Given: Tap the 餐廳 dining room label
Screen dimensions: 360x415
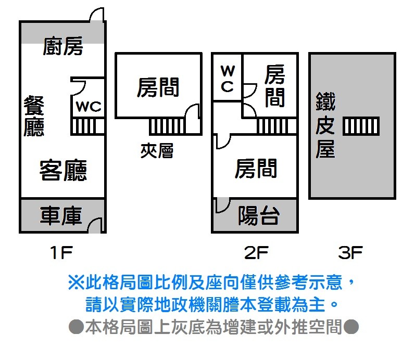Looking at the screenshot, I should pos(34,117).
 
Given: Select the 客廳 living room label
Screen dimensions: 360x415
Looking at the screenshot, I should pos(63,170).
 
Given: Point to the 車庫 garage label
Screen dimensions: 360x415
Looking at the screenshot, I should pos(61,216).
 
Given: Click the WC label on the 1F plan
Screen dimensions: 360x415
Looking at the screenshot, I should pos(89,107).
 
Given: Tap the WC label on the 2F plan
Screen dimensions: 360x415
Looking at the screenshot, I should pos(227,79).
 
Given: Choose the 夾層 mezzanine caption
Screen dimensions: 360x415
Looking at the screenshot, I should pos(157,151).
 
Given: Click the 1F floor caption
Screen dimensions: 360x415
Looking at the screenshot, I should pos(61,253).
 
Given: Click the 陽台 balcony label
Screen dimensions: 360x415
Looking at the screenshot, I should pos(259,215).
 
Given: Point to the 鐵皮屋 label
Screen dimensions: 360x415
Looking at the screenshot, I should pos(325,125).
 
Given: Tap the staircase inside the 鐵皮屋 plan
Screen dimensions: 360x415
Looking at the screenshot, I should pos(361,125).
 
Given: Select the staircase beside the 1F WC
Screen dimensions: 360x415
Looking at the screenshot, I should pos(87,126).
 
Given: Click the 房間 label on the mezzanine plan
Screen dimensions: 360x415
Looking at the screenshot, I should pos(158,87).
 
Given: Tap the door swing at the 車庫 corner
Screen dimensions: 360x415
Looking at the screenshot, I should pos(95,225).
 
